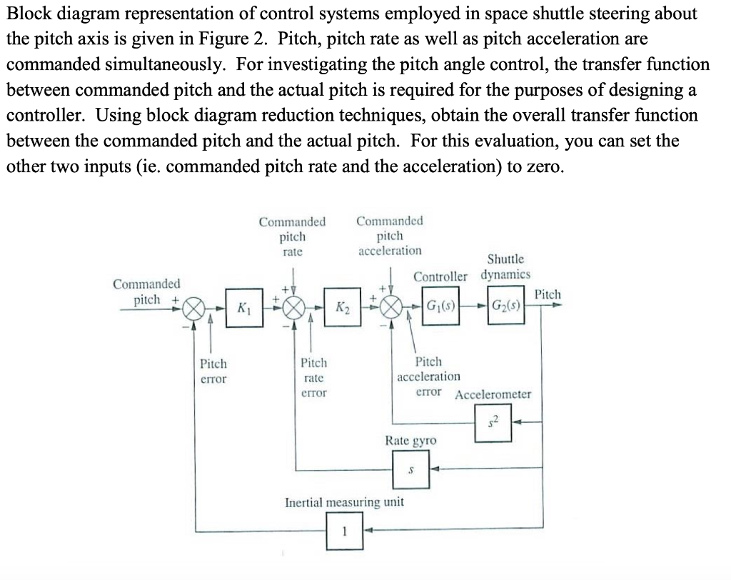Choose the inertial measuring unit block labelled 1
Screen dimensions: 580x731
344,531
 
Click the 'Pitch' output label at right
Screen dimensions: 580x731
548,294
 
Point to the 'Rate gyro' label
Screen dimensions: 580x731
410,441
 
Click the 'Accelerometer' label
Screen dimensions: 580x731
493,394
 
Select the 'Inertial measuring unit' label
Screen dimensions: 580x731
344,502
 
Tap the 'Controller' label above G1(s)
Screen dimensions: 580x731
440,276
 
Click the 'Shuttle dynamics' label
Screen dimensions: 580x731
505,266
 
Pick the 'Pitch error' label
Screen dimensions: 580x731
213,371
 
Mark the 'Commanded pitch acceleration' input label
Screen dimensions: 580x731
389,236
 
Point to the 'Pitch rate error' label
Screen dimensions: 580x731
314,378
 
